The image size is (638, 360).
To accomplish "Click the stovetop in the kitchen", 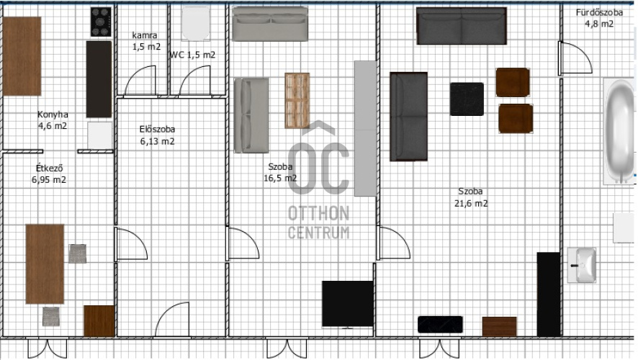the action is point(101,22).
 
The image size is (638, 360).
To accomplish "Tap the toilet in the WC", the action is point(196,23).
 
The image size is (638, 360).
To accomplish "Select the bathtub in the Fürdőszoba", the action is point(619,131).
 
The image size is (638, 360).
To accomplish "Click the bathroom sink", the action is point(582,265).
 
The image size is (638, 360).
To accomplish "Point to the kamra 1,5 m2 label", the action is point(146,41).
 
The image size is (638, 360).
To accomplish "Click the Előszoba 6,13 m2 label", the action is point(158,135).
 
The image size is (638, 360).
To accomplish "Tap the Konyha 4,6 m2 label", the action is point(53,120).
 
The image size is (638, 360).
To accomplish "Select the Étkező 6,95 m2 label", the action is point(49,174).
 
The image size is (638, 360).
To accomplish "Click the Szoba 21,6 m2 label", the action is point(471,197).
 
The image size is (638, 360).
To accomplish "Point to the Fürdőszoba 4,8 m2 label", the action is point(599,18).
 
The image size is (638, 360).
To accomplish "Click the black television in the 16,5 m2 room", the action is point(348,304).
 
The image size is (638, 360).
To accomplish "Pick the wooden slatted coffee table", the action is point(297,101).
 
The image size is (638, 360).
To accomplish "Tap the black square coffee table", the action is point(467,99).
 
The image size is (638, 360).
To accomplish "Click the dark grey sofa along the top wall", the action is point(462,26).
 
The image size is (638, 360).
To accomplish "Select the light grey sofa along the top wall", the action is point(270,24).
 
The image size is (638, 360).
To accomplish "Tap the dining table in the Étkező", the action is point(45,264).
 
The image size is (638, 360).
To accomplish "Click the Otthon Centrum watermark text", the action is point(318,222).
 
